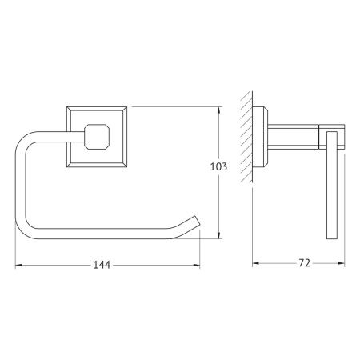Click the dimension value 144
[x=102, y=265]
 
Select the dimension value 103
[x=218, y=166]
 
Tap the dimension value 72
[x=304, y=263]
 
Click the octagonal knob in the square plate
[x=97, y=136]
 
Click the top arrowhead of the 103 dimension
[x=219, y=110]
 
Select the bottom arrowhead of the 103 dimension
[x=219, y=235]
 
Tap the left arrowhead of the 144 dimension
[x=18, y=265]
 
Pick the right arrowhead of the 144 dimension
[x=197, y=265]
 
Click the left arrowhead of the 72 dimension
[x=256, y=263]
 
